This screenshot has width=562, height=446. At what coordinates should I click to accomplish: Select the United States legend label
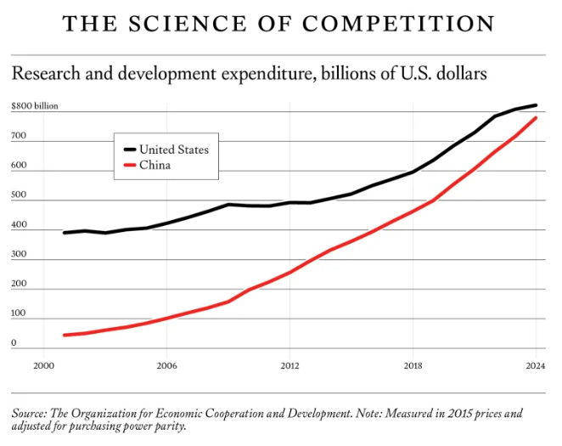tap(174, 150)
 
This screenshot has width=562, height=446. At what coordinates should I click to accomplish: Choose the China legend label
tap(155, 165)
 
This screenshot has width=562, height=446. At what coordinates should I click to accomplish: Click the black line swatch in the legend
tap(127, 150)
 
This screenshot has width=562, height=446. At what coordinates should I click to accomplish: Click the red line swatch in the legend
tap(127, 165)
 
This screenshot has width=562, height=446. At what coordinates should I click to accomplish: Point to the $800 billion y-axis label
tap(35, 107)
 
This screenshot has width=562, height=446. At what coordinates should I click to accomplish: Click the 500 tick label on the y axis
tap(20, 195)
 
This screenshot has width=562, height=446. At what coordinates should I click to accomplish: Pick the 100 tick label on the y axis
tap(20, 313)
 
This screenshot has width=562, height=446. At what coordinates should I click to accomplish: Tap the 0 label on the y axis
tap(14, 343)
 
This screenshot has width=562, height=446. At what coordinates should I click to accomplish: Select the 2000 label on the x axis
tap(43, 366)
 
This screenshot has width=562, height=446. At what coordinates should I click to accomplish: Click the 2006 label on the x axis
tap(166, 366)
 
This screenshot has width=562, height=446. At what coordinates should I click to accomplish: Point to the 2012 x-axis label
tap(289, 366)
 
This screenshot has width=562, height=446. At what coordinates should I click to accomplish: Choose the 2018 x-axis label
tap(413, 366)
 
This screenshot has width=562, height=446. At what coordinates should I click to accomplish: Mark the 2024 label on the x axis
tap(536, 366)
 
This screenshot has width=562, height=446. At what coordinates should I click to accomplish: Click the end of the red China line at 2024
tap(536, 118)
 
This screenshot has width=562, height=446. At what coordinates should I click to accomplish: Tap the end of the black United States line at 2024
tap(536, 105)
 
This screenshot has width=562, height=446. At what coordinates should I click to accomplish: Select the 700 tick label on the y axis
tap(20, 137)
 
